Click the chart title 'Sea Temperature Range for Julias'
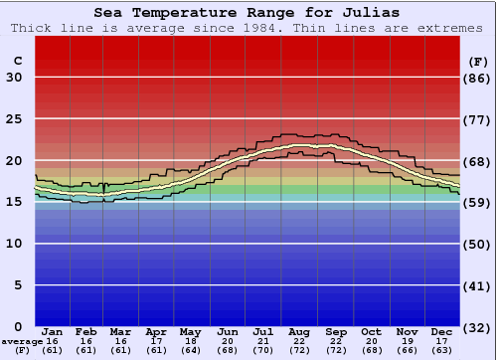coord(248,13)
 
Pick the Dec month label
coord(442,331)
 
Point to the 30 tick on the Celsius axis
coord(15,78)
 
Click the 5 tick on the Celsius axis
coord(18,285)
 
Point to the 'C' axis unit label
coord(17,61)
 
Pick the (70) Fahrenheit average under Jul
coord(264,350)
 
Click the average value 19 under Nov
coord(407,341)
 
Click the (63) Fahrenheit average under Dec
coord(442,350)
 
